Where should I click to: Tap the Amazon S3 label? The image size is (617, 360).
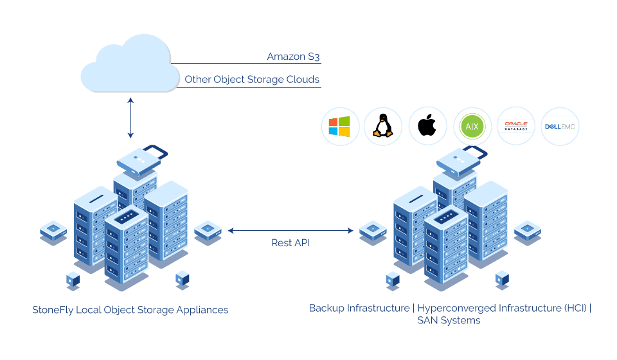pyautogui.click(x=293, y=57)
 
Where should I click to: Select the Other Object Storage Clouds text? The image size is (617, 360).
pyautogui.click(x=252, y=80)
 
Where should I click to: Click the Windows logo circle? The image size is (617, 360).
pyautogui.click(x=339, y=127)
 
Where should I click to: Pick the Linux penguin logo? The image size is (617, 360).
pyautogui.click(x=383, y=127)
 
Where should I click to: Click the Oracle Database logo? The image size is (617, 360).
pyautogui.click(x=515, y=127)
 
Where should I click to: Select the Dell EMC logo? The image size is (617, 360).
pyautogui.click(x=560, y=127)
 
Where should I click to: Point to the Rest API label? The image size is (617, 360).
pyautogui.click(x=291, y=242)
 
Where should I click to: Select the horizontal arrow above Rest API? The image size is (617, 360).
pyautogui.click(x=291, y=230)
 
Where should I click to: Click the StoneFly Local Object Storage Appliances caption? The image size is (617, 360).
pyautogui.click(x=130, y=310)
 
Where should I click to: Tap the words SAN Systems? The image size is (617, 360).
pyautogui.click(x=449, y=320)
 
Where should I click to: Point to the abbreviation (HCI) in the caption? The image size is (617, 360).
pyautogui.click(x=575, y=308)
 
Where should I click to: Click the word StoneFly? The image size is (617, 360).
pyautogui.click(x=53, y=310)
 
